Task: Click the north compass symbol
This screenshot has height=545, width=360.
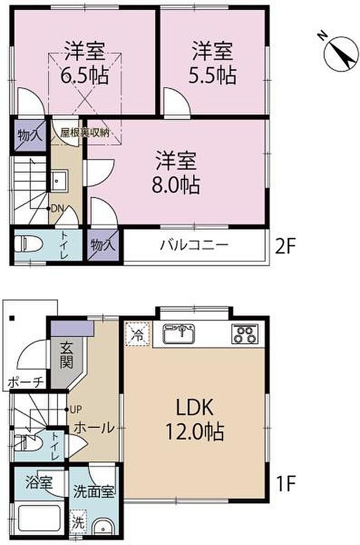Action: (x=340, y=54)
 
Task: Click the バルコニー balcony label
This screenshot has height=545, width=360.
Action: (x=195, y=245)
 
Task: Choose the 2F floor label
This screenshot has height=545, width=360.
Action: (x=285, y=247)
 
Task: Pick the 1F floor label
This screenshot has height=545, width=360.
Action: (x=286, y=483)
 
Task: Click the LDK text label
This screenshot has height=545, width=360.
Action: (x=195, y=408)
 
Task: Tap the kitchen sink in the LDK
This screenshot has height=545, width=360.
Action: (x=179, y=333)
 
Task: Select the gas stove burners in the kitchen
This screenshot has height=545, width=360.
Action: (x=245, y=334)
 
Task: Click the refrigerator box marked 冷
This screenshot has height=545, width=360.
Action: (x=138, y=334)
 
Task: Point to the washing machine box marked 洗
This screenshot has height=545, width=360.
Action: (x=78, y=522)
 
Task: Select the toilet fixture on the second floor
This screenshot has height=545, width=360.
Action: (x=29, y=244)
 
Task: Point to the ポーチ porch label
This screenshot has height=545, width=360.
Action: (x=26, y=382)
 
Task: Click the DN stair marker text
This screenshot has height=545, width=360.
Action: (x=57, y=209)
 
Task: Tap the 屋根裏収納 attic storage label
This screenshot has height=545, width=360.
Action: (x=85, y=133)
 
